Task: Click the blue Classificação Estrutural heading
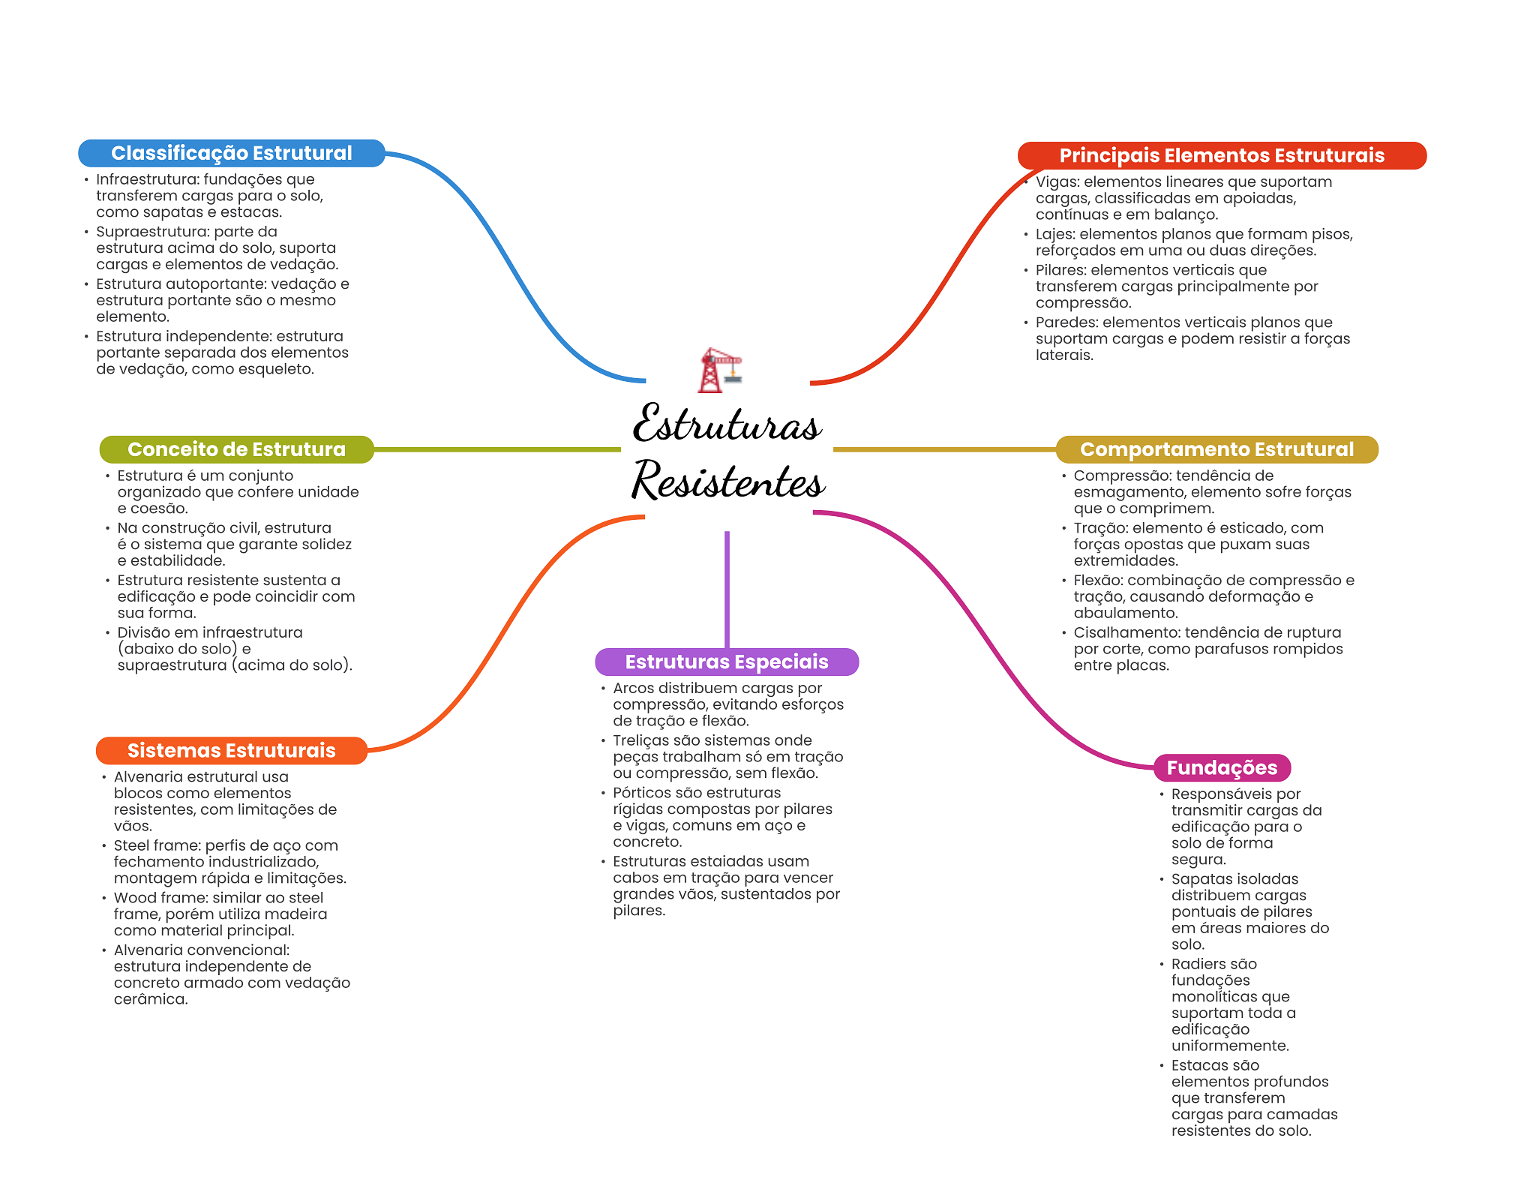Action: click(231, 153)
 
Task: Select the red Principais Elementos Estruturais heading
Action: click(1221, 155)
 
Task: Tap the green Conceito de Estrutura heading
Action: click(236, 449)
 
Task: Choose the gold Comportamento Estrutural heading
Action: click(1216, 449)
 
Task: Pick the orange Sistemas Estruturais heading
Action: click(231, 750)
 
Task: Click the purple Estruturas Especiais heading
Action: click(726, 662)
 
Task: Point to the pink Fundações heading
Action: click(1222, 767)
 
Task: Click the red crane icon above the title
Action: click(719, 370)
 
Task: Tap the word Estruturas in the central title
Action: click(726, 424)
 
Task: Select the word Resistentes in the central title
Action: click(727, 480)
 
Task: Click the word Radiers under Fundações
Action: click(1198, 964)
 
